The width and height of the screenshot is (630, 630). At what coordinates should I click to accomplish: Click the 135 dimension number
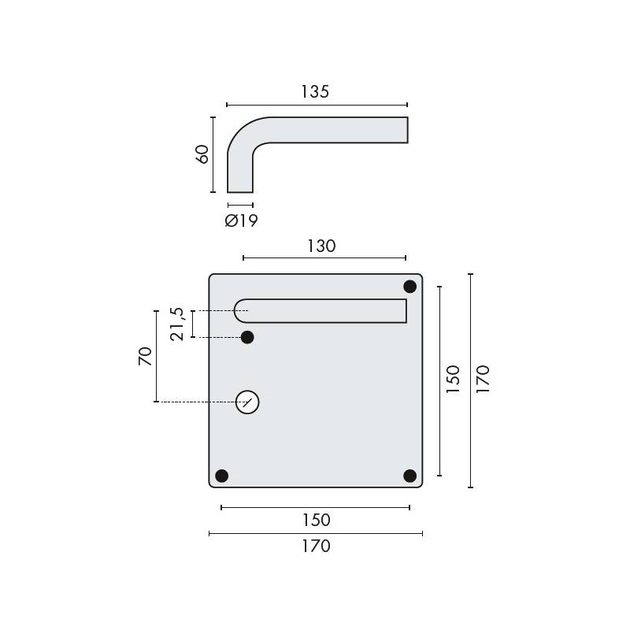pos(314,91)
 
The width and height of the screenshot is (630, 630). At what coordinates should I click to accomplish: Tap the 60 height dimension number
pos(202,154)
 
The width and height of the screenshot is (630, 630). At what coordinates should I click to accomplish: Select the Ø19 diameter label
pos(241,221)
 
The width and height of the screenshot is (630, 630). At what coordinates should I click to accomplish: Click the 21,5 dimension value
pos(179,324)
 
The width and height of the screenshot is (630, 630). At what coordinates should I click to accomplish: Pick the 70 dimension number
pos(144,357)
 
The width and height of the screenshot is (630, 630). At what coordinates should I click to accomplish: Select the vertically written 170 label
pos(483,380)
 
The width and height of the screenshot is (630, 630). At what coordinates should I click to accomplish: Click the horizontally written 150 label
pos(315,521)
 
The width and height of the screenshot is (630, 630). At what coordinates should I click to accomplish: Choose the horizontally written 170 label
pos(315,546)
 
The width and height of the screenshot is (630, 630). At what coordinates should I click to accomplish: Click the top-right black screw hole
pos(410,286)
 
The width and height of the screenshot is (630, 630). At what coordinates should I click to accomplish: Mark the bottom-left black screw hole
pos(221,476)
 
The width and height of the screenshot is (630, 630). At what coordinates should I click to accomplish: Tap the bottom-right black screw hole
pos(409,476)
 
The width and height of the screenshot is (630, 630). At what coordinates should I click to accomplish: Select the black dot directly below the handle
pos(247,338)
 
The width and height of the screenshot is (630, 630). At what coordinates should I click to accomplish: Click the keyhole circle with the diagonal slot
pos(247,402)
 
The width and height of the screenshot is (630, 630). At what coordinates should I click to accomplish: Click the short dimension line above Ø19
pos(240,205)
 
